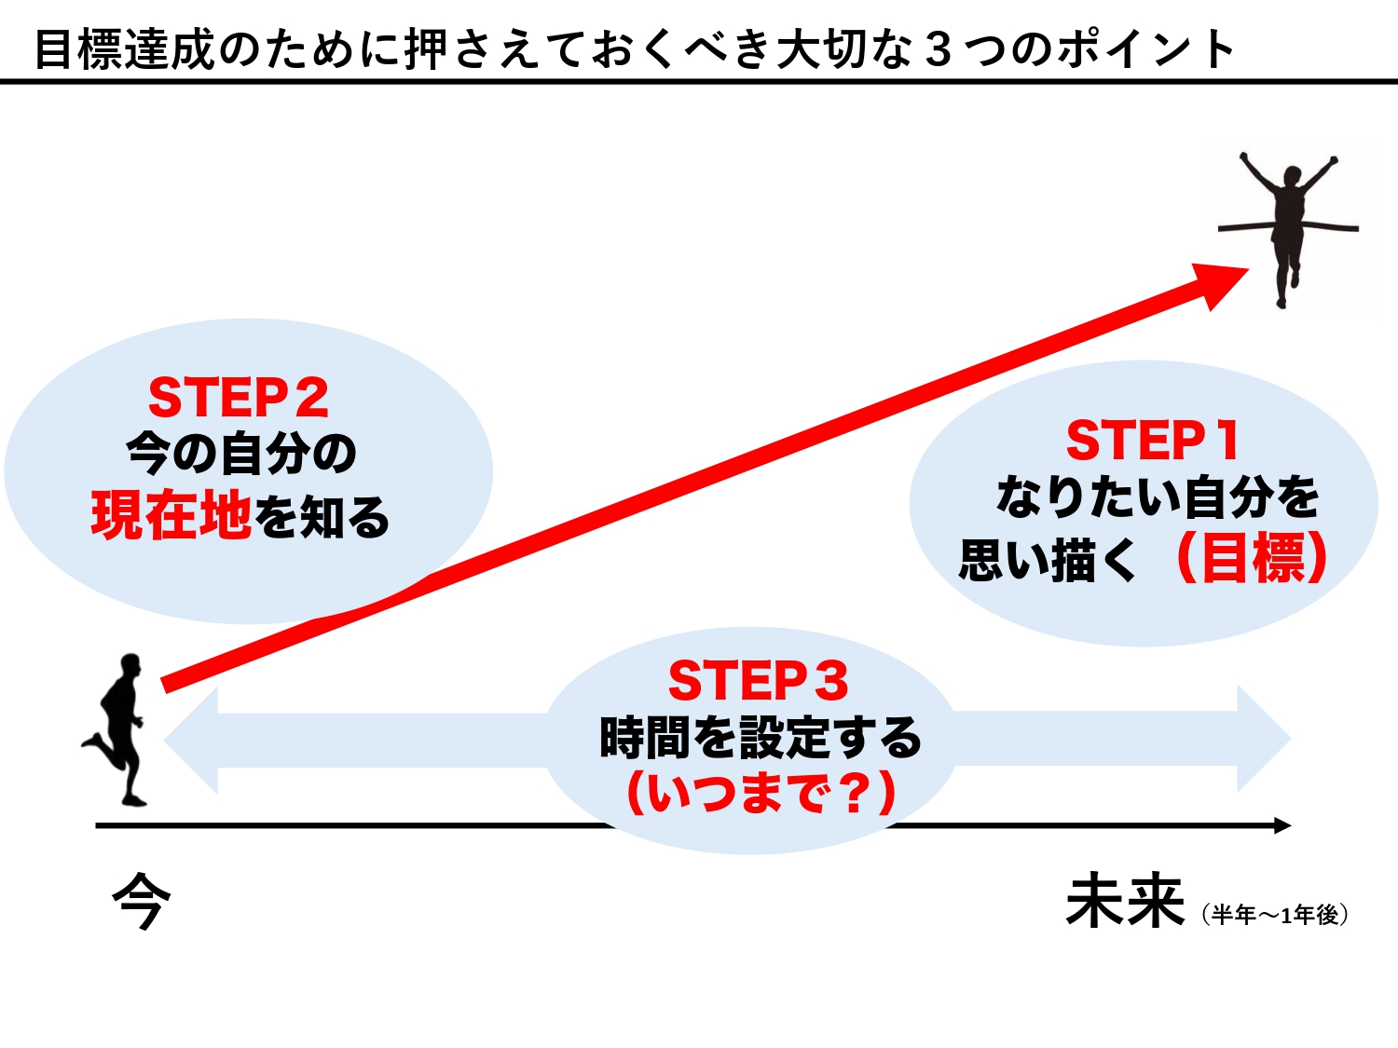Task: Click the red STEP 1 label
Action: point(1153,440)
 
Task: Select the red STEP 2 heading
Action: point(239,397)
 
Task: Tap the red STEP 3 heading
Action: point(758,680)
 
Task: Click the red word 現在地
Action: point(171,515)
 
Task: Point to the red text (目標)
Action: point(1253,558)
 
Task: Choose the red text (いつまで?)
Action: point(761,792)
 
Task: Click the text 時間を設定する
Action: point(761,737)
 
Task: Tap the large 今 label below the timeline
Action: point(142,902)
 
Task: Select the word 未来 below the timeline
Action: point(1125,902)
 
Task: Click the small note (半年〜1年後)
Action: point(1274,915)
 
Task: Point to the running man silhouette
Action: point(115,729)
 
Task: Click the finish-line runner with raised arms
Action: point(1288,230)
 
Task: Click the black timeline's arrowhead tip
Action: point(1291,826)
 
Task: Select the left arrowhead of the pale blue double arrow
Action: point(191,740)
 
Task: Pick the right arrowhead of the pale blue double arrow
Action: point(1264,739)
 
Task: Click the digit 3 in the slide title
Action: point(938,49)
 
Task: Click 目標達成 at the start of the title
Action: point(124,49)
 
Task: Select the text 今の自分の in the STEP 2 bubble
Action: point(241,454)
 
